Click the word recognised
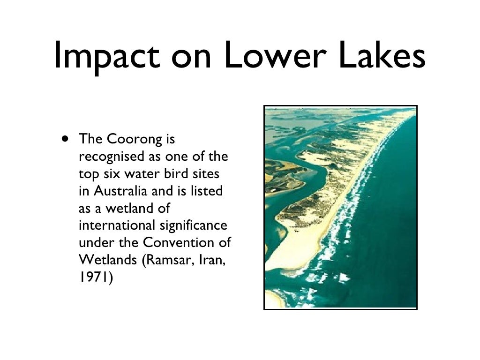(x=107, y=157)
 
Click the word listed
(x=209, y=191)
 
